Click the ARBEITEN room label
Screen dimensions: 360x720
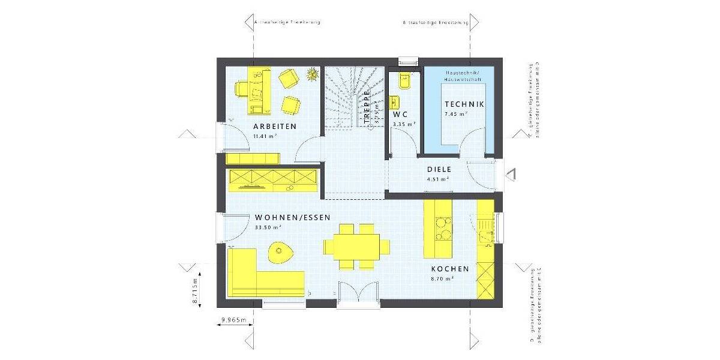[275, 127]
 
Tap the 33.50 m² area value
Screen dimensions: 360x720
[268, 228]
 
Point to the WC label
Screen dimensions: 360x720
[401, 114]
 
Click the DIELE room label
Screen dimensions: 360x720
[439, 169]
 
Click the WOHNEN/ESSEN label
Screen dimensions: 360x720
[292, 218]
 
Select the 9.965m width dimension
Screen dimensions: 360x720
[233, 320]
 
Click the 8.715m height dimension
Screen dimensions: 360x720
[195, 292]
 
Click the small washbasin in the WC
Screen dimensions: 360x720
[394, 100]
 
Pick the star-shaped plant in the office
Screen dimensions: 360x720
[311, 75]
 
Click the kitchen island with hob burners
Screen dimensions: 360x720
[440, 229]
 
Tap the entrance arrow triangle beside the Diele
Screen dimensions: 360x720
[511, 174]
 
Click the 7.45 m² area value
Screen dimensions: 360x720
[455, 114]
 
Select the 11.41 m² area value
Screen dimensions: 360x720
[265, 136]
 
